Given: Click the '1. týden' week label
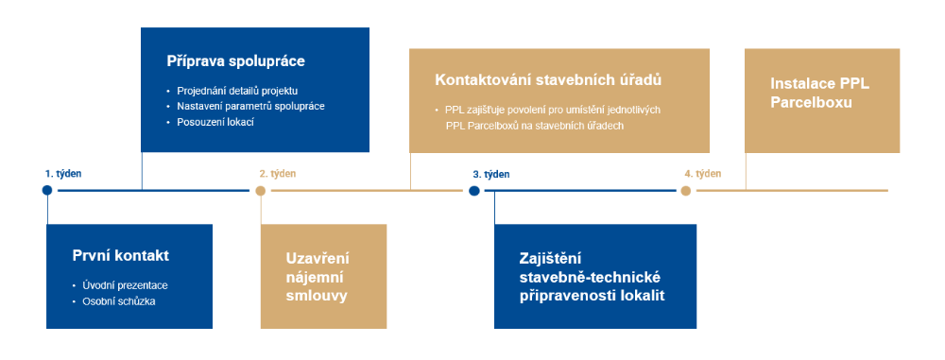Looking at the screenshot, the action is pos(63,174).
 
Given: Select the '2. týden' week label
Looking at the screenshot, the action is pos(278,174).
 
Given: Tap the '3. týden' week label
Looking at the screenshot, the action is pos(491,175).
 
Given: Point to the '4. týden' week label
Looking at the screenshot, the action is pos(703,174).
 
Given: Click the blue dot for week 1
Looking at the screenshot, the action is pos(47,191).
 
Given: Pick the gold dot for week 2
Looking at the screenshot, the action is pos(261,191).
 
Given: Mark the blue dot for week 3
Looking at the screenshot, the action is pos(474,191).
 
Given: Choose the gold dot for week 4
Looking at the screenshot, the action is pos(686,191).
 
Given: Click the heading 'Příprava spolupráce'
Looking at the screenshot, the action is pos(235,61).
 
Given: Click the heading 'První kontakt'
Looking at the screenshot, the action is pos(121,256).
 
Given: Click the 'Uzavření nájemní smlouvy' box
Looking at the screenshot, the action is pos(323,276).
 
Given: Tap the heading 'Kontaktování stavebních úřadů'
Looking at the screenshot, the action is pos(548,80).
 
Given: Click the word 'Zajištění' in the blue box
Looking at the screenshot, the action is pos(550,258).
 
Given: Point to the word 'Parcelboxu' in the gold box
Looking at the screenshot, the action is pos(811,103).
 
